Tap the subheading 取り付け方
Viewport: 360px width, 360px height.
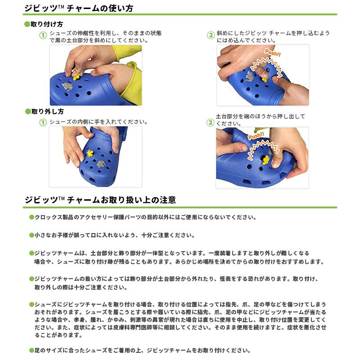click(x=47, y=24)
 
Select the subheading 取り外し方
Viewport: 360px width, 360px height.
click(x=48, y=112)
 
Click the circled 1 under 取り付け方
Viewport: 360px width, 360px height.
click(x=43, y=35)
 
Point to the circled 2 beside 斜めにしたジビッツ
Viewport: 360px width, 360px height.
click(x=211, y=35)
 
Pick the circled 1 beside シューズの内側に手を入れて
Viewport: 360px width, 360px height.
click(x=43, y=122)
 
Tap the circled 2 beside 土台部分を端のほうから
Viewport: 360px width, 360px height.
click(x=210, y=122)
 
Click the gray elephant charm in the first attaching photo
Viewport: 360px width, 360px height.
click(x=67, y=86)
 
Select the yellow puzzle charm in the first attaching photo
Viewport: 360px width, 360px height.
click(x=76, y=76)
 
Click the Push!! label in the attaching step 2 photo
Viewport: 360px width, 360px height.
click(x=273, y=53)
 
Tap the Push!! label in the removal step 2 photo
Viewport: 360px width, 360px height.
click(x=256, y=136)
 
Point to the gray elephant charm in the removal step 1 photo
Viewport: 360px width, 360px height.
click(x=100, y=164)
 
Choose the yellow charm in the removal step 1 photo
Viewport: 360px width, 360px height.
click(x=90, y=153)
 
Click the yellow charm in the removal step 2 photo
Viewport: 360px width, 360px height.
click(x=266, y=160)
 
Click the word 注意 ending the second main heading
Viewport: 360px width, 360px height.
click(x=168, y=200)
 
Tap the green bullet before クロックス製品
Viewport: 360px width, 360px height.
click(x=31, y=217)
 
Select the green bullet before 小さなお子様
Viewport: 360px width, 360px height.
click(x=31, y=235)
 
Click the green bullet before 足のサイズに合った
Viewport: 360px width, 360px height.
click(x=31, y=351)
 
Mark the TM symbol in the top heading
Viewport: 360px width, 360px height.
click(x=61, y=6)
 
